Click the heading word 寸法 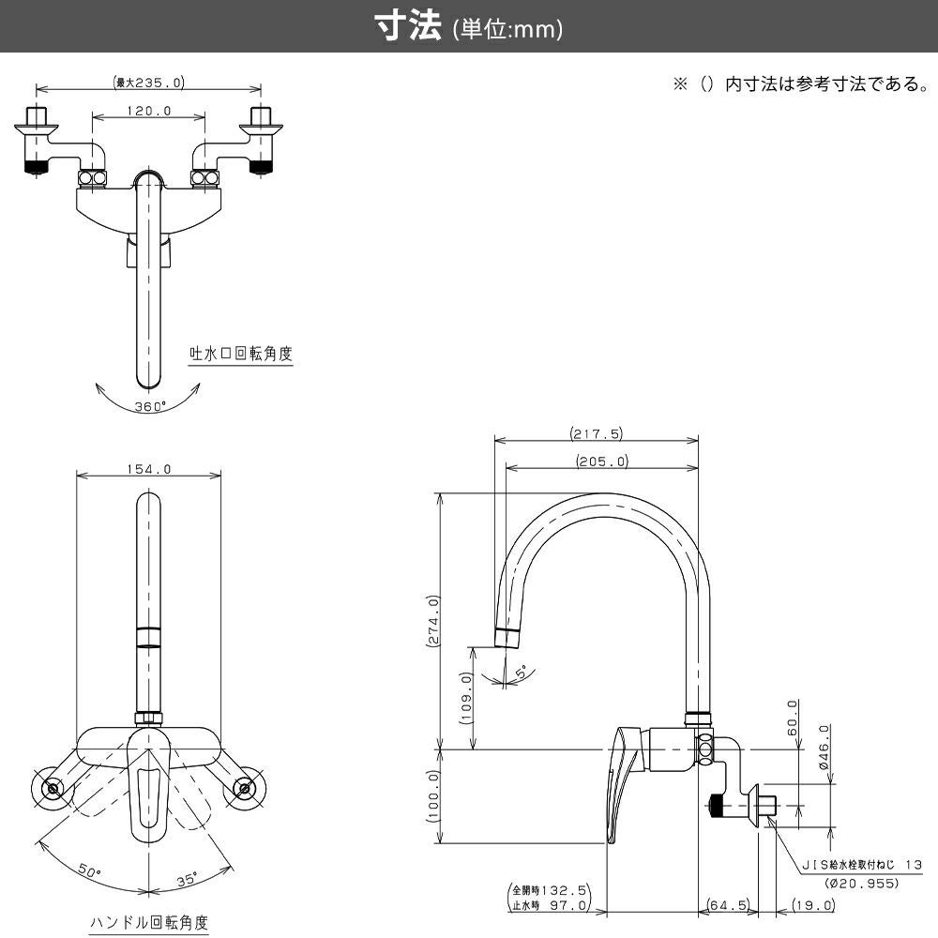[408, 27]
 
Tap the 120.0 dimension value [148, 111]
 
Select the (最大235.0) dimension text [147, 83]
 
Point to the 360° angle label [149, 406]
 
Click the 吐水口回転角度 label [241, 354]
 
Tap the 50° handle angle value [89, 871]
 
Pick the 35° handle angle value [188, 879]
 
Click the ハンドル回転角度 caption [149, 923]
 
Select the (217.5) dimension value [596, 433]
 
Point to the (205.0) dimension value [601, 461]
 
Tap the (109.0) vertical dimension [465, 699]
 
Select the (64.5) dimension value [728, 905]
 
